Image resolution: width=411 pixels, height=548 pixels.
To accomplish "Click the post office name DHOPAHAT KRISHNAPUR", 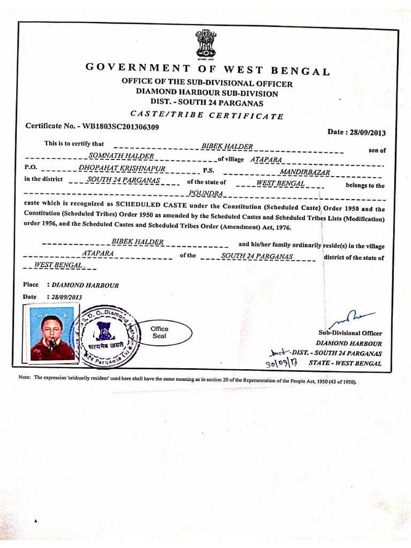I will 122,169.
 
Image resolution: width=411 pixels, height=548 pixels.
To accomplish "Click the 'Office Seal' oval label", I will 159,332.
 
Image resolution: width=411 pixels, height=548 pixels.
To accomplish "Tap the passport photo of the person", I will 52,332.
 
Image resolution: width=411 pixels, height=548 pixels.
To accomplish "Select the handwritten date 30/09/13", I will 281,364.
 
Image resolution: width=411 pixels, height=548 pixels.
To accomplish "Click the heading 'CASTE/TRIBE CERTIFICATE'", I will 207,115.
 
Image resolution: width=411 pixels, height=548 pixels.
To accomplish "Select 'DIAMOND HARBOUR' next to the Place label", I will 85,285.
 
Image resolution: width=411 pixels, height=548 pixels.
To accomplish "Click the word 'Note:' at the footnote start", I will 25,377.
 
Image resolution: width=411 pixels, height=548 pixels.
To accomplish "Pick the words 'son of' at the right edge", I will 377,150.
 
